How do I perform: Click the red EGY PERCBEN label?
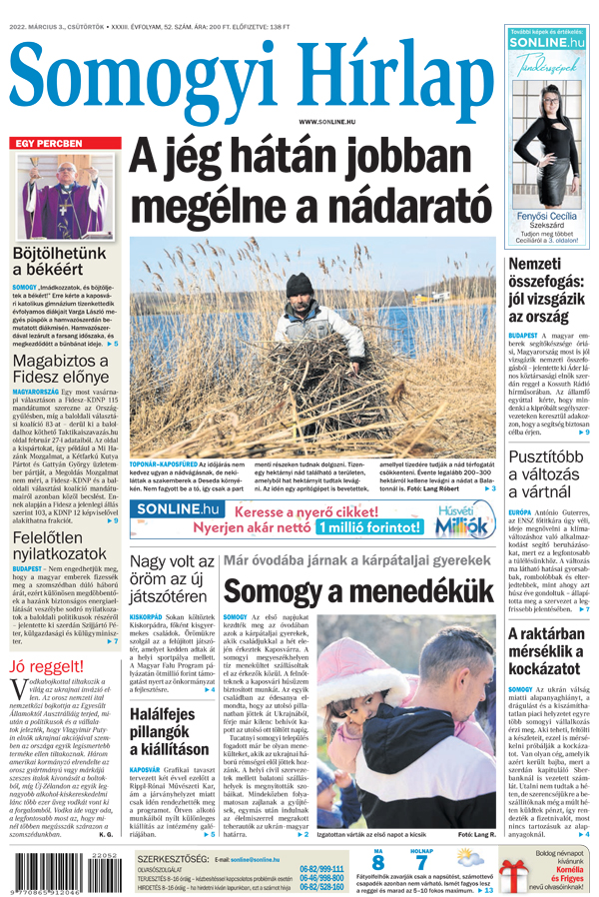pyautogui.click(x=48, y=144)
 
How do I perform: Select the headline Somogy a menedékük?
pyautogui.click(x=357, y=591)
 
